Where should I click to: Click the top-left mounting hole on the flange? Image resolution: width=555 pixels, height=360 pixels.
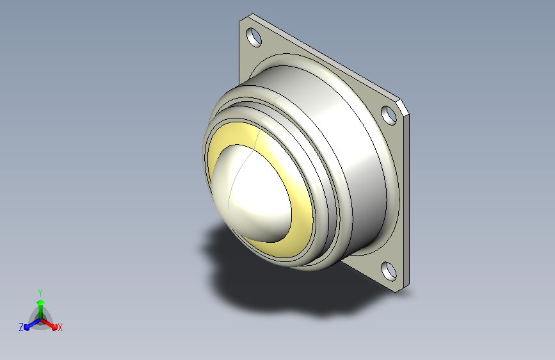tap(253, 37)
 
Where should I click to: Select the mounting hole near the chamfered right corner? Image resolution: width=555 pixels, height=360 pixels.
tap(389, 115)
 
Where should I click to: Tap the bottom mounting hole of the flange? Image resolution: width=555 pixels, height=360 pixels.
tap(389, 271)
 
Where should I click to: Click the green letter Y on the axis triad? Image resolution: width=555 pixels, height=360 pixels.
tap(40, 293)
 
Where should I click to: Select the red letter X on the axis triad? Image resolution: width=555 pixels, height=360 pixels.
tap(60, 328)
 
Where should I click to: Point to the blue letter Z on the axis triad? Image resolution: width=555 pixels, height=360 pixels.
tap(21, 327)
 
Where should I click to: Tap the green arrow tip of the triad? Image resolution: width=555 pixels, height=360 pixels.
tap(40, 302)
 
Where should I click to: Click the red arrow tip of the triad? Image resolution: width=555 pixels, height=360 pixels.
tap(54, 327)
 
